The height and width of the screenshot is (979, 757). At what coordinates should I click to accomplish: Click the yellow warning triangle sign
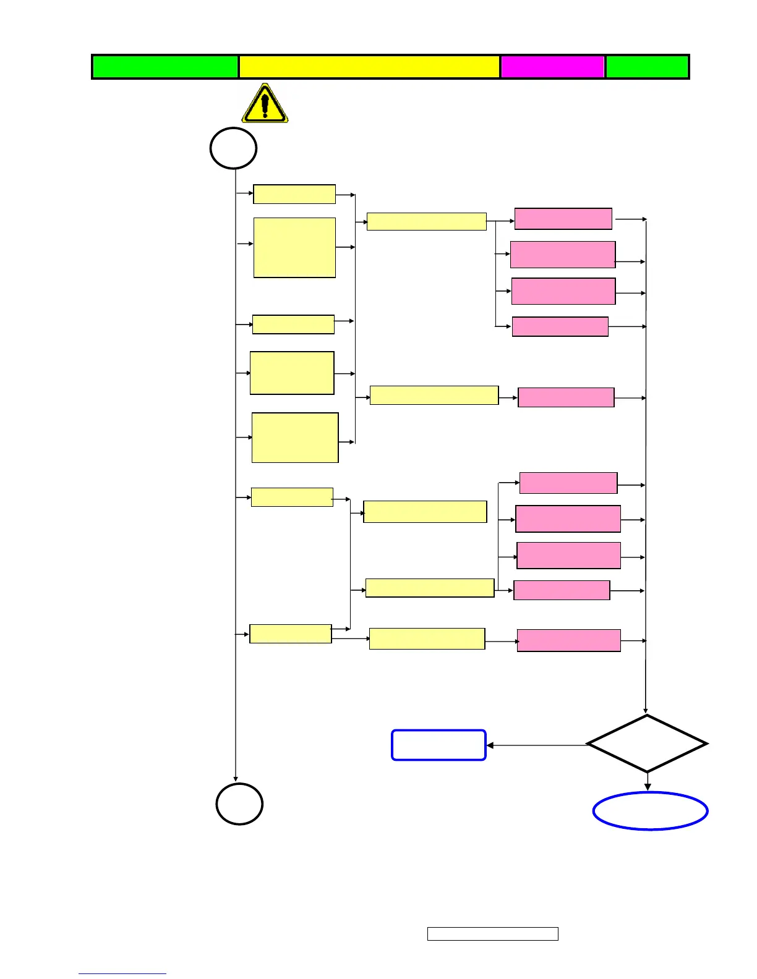265,104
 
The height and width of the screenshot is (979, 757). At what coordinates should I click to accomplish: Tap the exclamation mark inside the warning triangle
265,105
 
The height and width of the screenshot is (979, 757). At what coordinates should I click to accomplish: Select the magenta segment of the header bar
552,67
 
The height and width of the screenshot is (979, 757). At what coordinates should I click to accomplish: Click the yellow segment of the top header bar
369,67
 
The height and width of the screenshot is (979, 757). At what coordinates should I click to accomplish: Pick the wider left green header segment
165,67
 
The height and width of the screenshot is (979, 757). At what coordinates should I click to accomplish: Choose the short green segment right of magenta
647,67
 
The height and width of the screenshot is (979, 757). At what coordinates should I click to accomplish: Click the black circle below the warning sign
233,148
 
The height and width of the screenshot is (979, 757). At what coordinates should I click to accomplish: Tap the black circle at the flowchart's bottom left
239,803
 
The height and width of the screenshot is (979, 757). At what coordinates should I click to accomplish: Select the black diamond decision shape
647,744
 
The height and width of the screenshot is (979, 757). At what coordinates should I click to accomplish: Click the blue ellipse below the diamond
650,811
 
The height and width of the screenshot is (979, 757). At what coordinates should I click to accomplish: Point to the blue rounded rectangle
438,745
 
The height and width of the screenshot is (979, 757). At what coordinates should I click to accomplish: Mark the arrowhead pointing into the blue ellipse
648,787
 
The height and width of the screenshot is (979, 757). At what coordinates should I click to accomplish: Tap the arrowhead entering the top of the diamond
646,711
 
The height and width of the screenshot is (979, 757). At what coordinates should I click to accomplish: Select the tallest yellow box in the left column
294,247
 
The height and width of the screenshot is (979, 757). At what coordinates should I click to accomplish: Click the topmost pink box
563,219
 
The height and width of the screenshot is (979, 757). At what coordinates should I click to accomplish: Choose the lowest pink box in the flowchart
568,640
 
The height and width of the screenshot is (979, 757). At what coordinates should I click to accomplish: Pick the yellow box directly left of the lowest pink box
427,638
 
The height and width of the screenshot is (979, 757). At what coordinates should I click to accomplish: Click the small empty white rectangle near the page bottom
492,933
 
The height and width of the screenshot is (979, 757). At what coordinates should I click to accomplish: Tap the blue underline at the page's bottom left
122,973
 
